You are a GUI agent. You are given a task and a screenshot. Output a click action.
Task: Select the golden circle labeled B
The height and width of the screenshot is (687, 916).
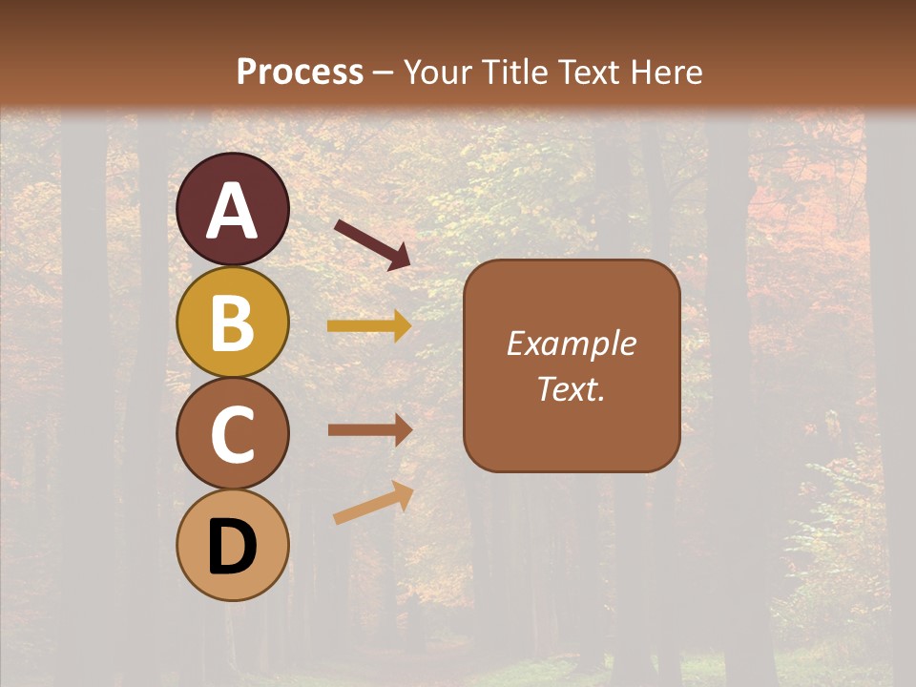[233, 323]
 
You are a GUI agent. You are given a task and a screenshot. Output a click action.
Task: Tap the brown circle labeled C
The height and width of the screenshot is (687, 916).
[233, 433]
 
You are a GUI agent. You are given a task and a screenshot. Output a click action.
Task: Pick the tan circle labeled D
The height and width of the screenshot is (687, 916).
[233, 545]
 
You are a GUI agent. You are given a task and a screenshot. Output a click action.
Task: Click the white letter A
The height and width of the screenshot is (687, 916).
[233, 211]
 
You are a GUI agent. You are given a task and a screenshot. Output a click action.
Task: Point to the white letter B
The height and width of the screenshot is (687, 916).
[233, 323]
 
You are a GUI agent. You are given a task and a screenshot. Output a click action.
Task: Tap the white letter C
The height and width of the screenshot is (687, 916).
[233, 434]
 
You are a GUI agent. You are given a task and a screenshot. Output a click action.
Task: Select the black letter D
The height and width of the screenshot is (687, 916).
[233, 547]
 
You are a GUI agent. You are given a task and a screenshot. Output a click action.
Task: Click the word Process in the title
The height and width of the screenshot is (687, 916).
[300, 73]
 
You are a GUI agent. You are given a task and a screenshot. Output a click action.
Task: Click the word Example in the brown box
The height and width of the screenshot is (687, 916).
[572, 343]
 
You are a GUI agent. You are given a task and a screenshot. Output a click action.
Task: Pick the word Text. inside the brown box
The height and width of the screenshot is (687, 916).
[572, 389]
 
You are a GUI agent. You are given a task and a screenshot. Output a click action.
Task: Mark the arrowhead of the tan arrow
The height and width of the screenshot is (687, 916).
[404, 492]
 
